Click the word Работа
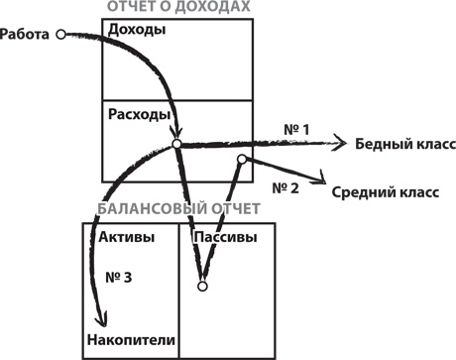pyautogui.click(x=27, y=34)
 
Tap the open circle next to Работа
pyautogui.click(x=60, y=34)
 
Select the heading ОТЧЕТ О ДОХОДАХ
pyautogui.click(x=176, y=7)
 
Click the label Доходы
pyautogui.click(x=136, y=30)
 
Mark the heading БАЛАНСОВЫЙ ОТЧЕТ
pyautogui.click(x=178, y=211)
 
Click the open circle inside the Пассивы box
pyautogui.click(x=201, y=287)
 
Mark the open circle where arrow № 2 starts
pyautogui.click(x=241, y=159)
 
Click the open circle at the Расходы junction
pyautogui.click(x=176, y=145)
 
